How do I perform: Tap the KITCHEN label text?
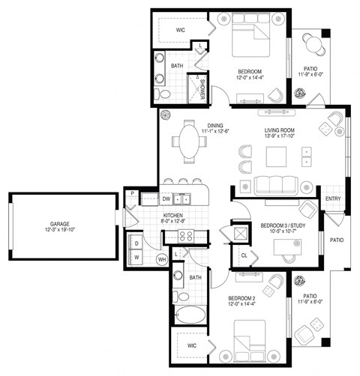point(175,215)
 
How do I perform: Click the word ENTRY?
point(333,198)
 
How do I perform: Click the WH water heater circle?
point(161,260)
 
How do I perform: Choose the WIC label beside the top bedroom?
point(181,30)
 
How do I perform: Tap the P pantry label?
point(132,194)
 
